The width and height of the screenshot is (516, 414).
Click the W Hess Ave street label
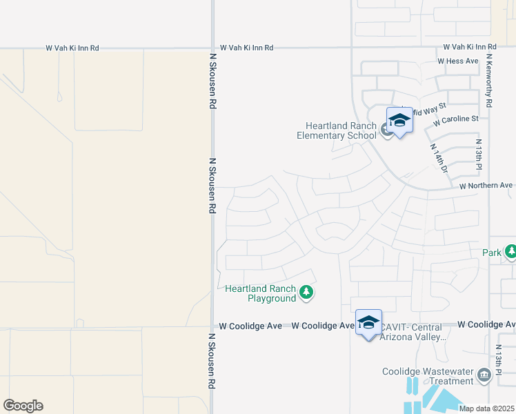[458, 61]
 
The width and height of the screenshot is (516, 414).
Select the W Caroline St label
[456, 120]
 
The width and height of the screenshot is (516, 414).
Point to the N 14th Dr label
[439, 158]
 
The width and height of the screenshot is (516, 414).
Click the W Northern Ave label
[487, 186]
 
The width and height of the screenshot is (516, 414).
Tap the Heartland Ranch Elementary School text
[341, 130]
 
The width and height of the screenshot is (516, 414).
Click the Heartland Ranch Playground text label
[260, 293]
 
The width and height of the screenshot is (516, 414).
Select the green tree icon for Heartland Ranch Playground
[306, 293]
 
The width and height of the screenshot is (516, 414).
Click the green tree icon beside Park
[510, 253]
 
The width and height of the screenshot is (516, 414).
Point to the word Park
[491, 253]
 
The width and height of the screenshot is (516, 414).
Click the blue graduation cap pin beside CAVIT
[368, 323]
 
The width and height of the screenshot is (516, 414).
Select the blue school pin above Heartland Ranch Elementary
[399, 121]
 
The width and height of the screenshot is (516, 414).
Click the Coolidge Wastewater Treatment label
[428, 376]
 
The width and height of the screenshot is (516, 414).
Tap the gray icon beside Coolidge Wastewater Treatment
[484, 376]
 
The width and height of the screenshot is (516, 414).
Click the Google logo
[23, 406]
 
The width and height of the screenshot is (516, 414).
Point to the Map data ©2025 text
[486, 408]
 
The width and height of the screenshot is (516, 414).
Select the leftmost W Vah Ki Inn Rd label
[72, 48]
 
